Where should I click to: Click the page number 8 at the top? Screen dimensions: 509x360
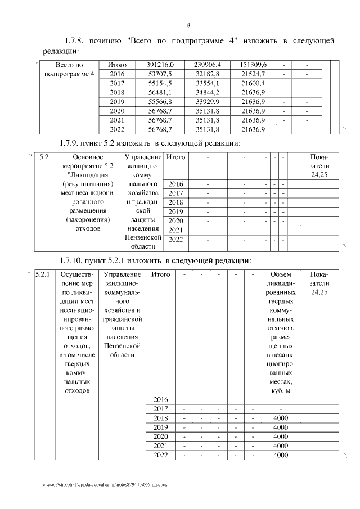[188, 25]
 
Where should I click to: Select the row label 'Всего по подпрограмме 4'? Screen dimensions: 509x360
[67, 69]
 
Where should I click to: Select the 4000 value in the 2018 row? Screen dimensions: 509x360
[280, 418]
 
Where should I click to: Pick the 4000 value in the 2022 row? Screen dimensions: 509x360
[280, 454]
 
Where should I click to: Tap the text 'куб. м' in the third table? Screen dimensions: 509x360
[280, 390]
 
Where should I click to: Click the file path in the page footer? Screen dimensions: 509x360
[105, 484]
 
